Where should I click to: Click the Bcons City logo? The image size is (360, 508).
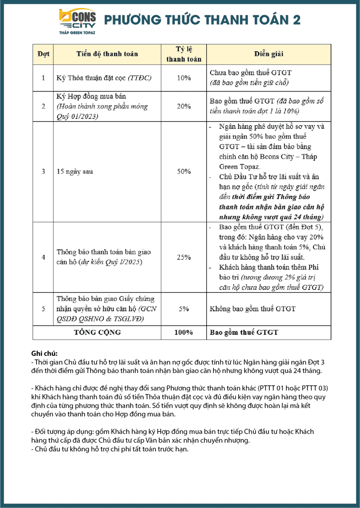pos(77,22)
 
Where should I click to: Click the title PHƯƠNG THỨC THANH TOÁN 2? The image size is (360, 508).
pos(202,20)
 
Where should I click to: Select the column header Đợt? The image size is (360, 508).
pos(43,54)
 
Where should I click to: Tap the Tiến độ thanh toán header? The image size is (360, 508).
pos(107,54)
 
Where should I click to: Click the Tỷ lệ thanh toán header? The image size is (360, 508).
pos(184,54)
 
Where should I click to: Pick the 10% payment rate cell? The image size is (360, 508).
pos(184,78)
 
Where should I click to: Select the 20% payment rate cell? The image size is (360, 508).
pos(184,106)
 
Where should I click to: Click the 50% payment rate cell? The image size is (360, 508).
pos(184,172)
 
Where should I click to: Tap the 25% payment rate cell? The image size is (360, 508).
pos(184,257)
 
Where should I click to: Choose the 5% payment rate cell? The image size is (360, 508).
pos(184,309)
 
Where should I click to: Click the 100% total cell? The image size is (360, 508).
pos(184,332)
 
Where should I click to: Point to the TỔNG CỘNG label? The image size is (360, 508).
pos(97,332)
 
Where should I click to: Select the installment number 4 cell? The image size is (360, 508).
pos(43,257)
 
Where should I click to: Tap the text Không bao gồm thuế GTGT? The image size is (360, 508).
pos(252,309)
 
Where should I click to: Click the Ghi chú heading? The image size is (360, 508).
pos(44,354)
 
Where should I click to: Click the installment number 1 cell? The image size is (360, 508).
pos(43,78)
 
